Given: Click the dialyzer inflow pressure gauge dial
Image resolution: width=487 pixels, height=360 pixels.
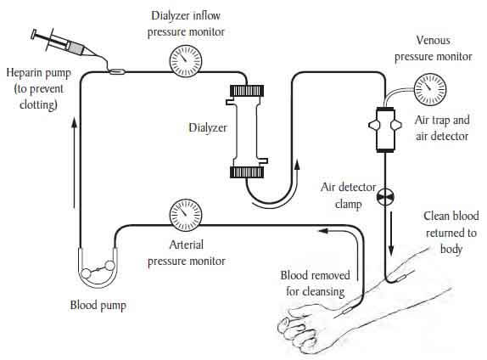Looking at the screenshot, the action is tap(186, 61).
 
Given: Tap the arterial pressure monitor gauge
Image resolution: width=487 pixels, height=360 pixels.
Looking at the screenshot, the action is tap(186, 215).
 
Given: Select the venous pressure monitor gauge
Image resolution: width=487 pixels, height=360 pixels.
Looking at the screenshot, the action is tap(430, 89).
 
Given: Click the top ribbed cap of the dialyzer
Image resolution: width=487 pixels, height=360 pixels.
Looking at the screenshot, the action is tap(247, 91).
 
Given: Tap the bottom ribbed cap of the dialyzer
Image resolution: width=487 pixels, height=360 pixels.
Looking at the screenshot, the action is tap(247, 172).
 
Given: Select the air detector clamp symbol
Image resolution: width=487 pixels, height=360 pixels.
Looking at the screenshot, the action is tap(385, 196).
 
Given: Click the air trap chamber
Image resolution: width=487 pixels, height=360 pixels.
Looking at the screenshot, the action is tap(385, 130).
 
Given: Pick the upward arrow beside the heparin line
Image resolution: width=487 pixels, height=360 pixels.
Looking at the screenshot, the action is tap(74, 164).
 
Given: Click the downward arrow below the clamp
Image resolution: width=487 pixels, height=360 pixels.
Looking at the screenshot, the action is tap(391, 233).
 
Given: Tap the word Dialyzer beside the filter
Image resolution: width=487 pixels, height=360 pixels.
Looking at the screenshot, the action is tap(208, 127).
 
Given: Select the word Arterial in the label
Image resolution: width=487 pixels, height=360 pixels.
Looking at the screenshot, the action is tap(187, 245).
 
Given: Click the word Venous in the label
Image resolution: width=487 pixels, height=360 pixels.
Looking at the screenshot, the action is tap(433, 40).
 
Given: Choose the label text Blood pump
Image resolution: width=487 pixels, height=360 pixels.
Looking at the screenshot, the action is tap(98, 306).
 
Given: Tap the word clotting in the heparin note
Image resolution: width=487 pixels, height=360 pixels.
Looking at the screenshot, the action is tap(38, 104).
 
